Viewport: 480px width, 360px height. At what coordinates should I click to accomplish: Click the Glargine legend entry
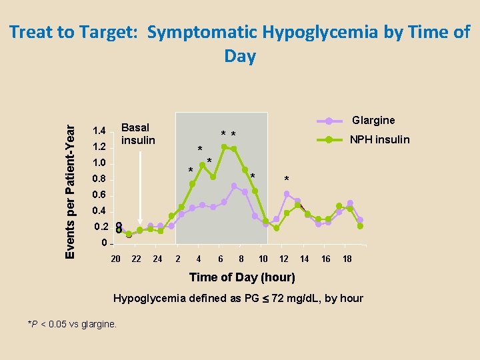click(373, 121)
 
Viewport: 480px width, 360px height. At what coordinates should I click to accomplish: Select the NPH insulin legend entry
click(379, 139)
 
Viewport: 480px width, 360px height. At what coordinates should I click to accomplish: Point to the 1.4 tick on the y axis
click(99, 130)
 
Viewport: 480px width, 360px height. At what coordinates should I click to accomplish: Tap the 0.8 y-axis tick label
click(99, 179)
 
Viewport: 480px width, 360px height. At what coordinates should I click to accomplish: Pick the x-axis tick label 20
click(115, 259)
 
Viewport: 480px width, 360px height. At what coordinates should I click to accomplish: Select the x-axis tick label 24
click(157, 259)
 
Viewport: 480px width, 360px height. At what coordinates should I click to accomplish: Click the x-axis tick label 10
click(263, 259)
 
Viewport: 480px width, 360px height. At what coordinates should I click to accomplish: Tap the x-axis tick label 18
click(347, 259)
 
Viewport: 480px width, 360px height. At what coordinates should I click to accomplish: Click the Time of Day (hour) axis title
click(241, 277)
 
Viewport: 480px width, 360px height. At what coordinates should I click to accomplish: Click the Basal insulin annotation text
click(137, 133)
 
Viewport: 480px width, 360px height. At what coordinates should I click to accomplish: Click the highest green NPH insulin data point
click(224, 147)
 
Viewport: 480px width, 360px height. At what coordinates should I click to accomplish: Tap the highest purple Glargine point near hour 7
click(234, 185)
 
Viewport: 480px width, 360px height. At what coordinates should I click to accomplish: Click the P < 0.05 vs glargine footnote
click(72, 324)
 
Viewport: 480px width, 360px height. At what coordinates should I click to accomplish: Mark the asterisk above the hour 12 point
click(287, 179)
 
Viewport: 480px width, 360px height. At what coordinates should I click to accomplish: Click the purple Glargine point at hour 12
click(287, 194)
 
